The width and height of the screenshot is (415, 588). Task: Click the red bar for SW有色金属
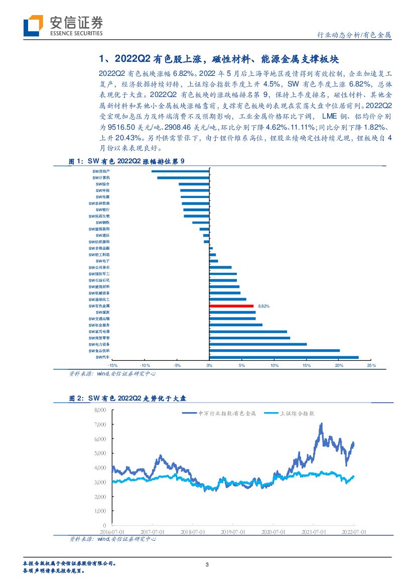click(x=231, y=306)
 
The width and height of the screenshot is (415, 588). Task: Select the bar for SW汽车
click(x=284, y=357)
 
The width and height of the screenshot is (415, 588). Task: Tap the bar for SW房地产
click(x=181, y=171)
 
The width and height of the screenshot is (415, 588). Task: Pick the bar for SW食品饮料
click(x=274, y=350)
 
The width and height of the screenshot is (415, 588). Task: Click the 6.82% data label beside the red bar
click(x=264, y=306)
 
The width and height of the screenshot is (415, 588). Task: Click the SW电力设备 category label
click(x=99, y=344)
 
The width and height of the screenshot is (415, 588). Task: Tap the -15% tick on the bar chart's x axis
click(x=112, y=365)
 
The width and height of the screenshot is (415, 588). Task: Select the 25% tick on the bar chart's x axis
click(x=371, y=365)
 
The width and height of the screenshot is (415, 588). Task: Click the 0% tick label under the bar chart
click(x=209, y=365)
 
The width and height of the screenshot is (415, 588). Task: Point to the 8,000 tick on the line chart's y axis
click(x=100, y=410)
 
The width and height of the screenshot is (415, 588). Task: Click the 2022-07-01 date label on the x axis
click(x=354, y=531)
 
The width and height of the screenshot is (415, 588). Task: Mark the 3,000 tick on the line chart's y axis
click(x=100, y=482)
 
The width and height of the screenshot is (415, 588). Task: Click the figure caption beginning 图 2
click(x=127, y=399)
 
